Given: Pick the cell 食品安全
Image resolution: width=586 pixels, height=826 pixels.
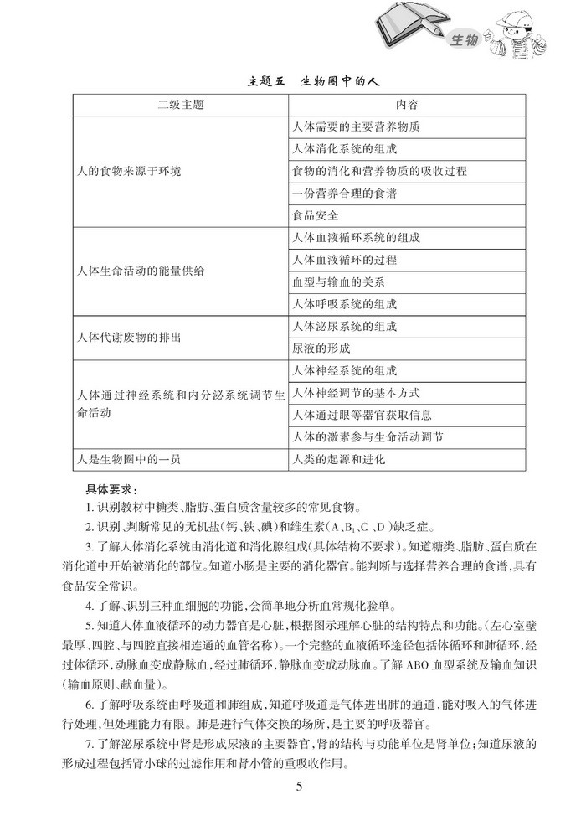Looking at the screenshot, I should click(x=316, y=215).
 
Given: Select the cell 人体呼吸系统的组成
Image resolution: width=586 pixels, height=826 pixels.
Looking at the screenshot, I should click(x=344, y=303).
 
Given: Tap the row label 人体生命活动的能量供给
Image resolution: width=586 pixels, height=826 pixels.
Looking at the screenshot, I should click(x=139, y=271).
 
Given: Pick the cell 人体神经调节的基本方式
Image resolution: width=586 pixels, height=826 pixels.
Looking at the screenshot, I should click(x=355, y=392).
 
